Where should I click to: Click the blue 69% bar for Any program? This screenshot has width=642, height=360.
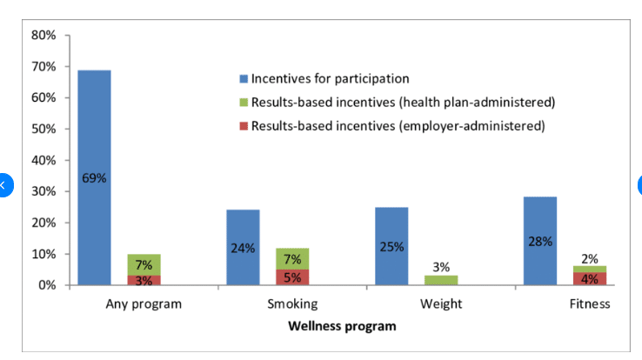(94, 177)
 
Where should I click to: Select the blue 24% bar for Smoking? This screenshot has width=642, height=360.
(243, 248)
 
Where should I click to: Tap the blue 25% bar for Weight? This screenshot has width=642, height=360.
(391, 246)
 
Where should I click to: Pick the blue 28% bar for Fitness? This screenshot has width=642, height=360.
(539, 241)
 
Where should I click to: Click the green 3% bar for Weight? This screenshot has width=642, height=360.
(441, 280)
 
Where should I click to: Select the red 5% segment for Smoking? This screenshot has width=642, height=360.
(292, 277)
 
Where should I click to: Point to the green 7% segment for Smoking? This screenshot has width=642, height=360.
(292, 258)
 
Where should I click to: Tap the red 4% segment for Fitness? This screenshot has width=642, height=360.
(589, 278)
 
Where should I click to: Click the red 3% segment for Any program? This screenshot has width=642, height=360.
(144, 280)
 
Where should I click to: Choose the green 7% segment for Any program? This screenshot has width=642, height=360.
(144, 264)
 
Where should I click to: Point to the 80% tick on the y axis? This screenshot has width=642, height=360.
(43, 36)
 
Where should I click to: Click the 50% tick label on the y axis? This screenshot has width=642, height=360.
(43, 129)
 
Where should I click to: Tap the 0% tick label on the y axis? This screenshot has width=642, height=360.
(46, 285)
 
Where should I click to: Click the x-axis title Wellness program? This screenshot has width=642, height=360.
(342, 326)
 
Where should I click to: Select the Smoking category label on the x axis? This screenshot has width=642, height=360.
(292, 304)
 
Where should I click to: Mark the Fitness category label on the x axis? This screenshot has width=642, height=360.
(590, 304)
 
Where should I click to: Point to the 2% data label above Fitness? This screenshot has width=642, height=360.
(589, 258)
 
